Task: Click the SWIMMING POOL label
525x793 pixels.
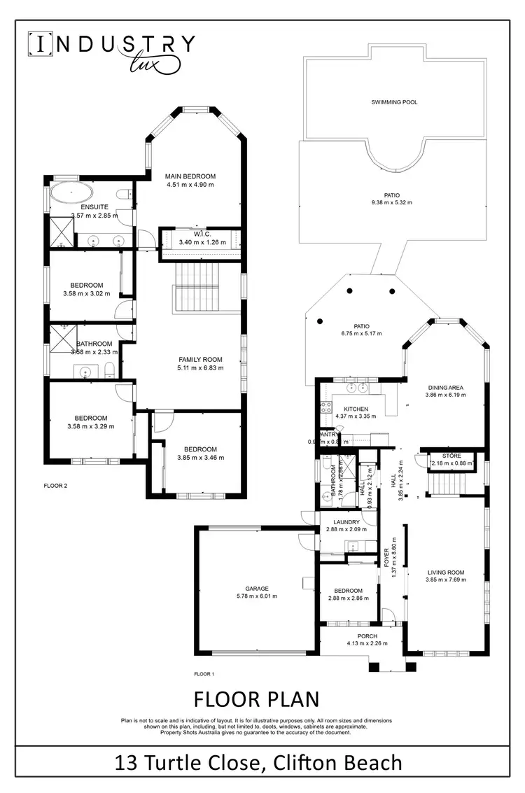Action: (x=394, y=102)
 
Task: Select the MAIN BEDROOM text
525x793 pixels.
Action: (x=190, y=176)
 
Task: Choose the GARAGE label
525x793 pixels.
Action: (x=257, y=589)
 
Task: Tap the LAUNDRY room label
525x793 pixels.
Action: (x=347, y=522)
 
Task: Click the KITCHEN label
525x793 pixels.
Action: (x=356, y=408)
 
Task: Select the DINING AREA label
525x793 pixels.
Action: (x=445, y=387)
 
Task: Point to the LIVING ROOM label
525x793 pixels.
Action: (x=446, y=573)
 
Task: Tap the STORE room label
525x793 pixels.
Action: (x=451, y=456)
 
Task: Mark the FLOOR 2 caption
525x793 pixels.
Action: (x=55, y=485)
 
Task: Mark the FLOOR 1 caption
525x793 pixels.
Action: (x=204, y=674)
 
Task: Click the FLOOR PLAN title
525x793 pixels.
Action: (x=256, y=699)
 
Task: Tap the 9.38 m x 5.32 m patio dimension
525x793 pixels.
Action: (x=392, y=203)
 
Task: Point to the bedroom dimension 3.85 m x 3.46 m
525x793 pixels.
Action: (x=200, y=458)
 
